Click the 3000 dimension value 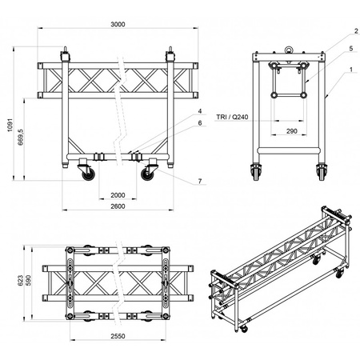tap(118, 24)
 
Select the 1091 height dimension tap(10, 125)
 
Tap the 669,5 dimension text tap(21, 137)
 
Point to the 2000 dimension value tap(118, 195)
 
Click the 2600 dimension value tap(118, 206)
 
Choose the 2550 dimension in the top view tap(118, 336)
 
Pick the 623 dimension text tap(21, 281)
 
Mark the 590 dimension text tap(28, 280)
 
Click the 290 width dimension tap(292, 131)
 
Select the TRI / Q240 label tap(232, 117)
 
